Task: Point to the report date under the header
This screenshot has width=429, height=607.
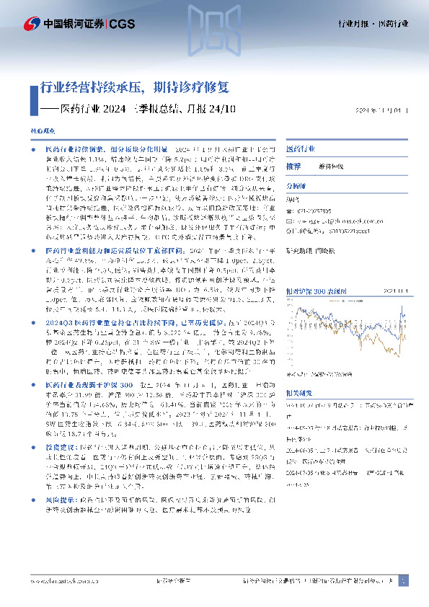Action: coord(387,110)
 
